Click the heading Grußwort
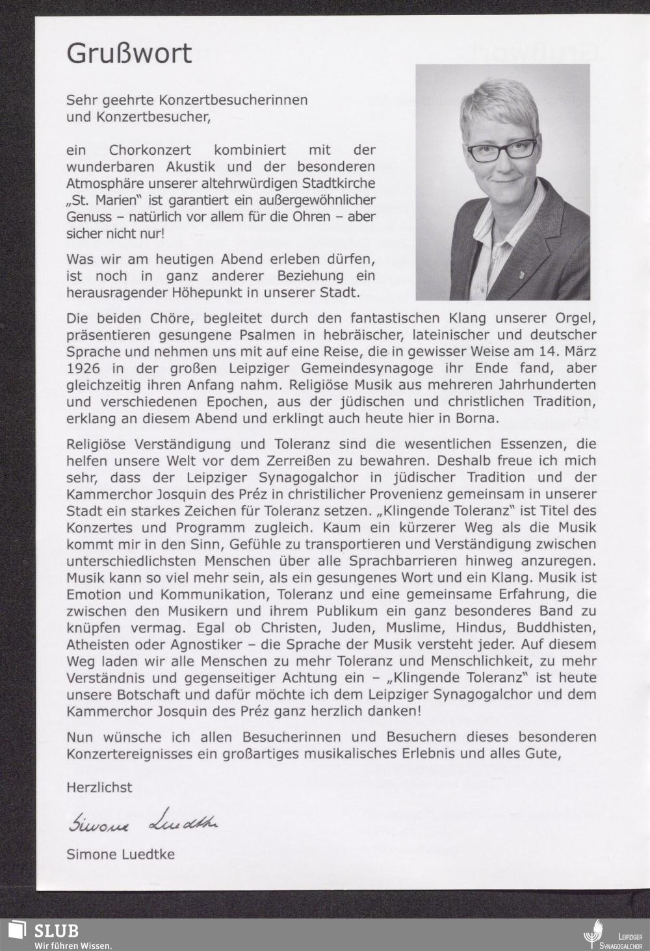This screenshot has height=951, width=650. click(129, 53)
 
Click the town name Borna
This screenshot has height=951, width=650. click(479, 418)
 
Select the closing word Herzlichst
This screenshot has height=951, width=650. click(99, 787)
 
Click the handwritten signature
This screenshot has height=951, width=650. click(143, 822)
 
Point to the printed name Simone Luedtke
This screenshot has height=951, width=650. click(120, 854)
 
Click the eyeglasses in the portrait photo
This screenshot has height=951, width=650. click(502, 151)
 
